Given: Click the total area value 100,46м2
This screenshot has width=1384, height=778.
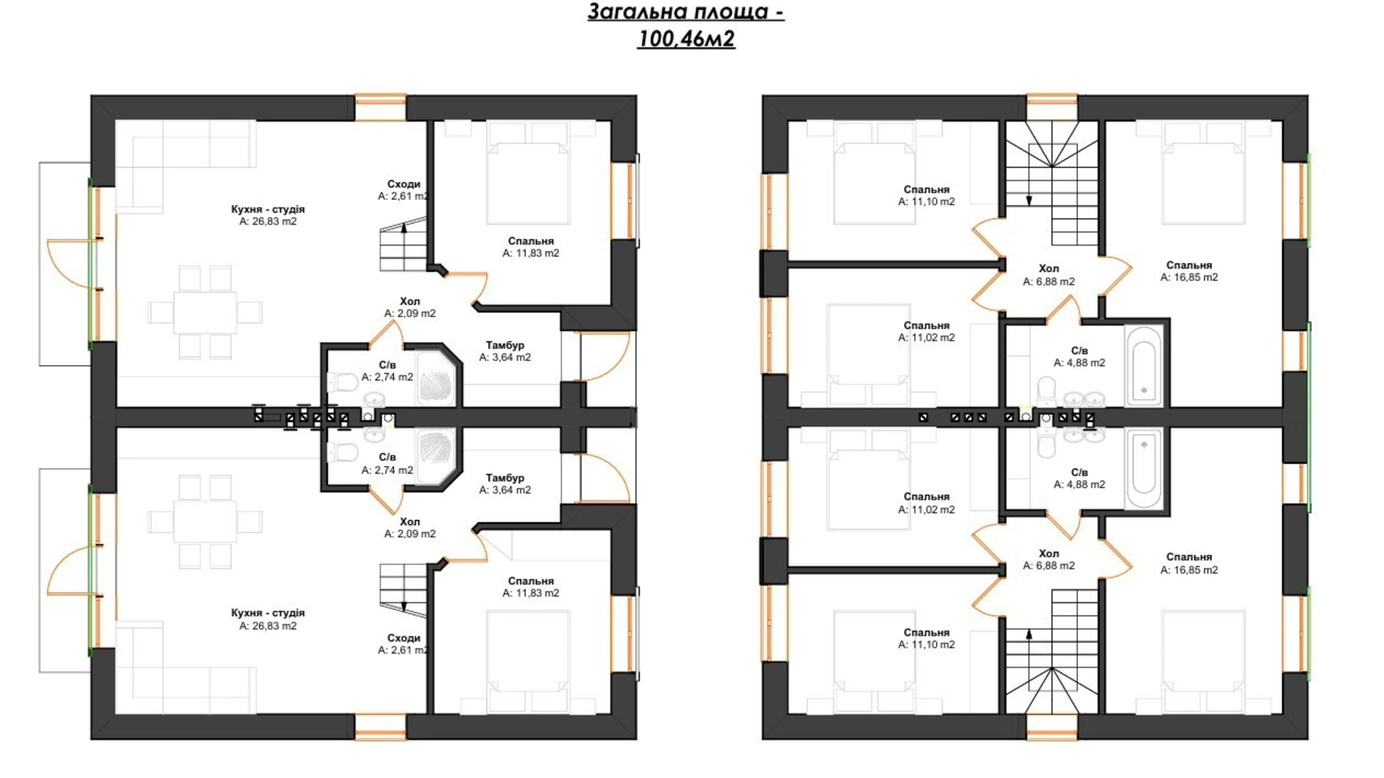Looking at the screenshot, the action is [686, 38].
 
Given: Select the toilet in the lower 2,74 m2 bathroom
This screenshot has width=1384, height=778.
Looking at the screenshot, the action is [343, 452].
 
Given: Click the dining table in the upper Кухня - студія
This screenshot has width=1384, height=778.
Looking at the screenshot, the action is [205, 312].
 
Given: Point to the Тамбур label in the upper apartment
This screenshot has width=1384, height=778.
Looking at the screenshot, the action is [505, 345].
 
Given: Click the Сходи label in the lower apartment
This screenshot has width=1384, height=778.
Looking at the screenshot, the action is [403, 638].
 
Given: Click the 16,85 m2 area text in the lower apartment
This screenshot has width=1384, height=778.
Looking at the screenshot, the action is [1189, 569].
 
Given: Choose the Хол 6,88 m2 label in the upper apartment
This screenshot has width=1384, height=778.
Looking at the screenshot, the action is [1049, 275].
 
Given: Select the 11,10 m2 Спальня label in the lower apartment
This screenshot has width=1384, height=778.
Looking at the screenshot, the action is [926, 638].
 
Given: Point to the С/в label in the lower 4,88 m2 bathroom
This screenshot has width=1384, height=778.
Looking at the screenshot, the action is [1079, 472].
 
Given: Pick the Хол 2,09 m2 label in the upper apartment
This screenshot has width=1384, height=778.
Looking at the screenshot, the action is [410, 307].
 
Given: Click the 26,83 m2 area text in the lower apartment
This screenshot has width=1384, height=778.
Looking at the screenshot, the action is [268, 625].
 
